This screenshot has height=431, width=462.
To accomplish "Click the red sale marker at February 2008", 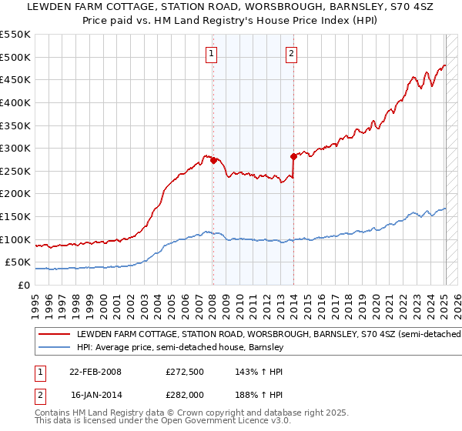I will click(x=213, y=161).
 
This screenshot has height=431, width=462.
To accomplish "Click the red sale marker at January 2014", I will click(x=293, y=156).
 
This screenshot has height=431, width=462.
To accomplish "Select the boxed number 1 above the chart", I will click(x=211, y=53).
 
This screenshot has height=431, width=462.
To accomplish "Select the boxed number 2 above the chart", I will click(x=292, y=53).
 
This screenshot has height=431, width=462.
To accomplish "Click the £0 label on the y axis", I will click(x=25, y=285).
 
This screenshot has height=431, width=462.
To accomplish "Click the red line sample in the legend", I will click(x=54, y=335).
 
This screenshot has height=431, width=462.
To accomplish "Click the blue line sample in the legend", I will click(x=54, y=348).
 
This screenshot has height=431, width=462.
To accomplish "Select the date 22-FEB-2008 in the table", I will click(x=95, y=371).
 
